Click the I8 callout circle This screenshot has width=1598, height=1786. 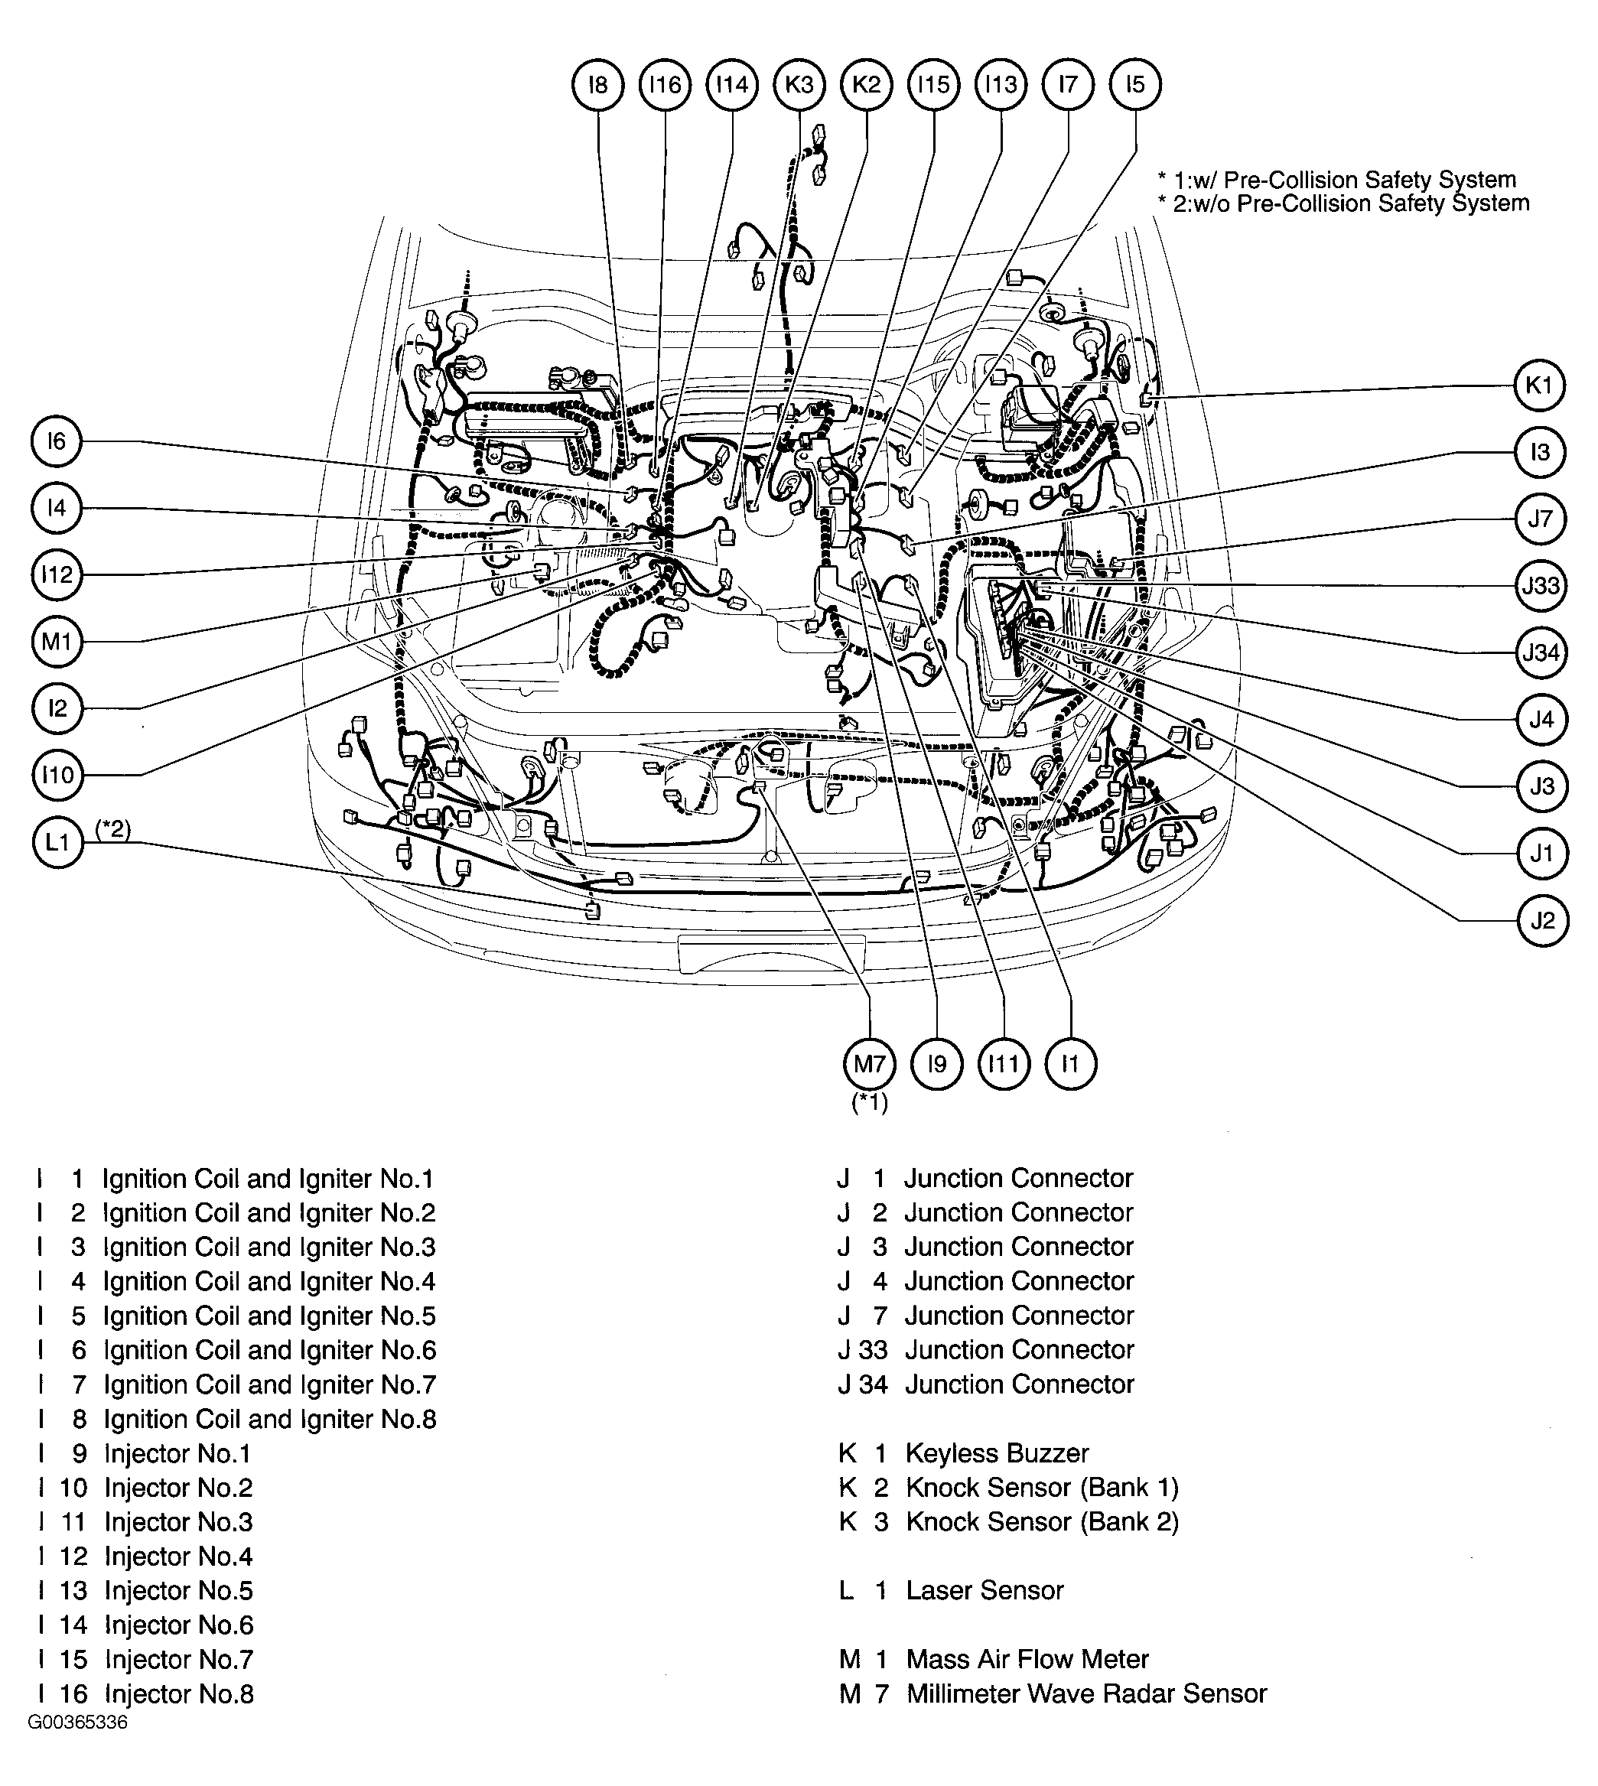coord(598,85)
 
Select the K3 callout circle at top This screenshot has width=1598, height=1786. coord(799,85)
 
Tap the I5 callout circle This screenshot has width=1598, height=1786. coord(1134,85)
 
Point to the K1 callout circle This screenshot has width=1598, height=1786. coord(1539,386)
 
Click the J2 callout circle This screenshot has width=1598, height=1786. coord(1542,920)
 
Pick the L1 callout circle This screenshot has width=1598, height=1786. coord(57,843)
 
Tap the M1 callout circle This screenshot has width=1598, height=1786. coord(57,642)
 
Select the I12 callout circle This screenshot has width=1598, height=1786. coord(57,575)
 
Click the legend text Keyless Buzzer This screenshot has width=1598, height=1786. coord(997,1453)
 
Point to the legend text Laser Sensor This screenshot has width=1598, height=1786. coord(985,1590)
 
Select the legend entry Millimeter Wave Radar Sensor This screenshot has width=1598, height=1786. coord(1086,1693)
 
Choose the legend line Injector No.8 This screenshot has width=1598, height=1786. coord(179,1693)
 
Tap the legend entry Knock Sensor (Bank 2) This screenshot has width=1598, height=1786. coord(1042,1521)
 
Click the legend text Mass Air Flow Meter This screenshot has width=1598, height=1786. coord(1027,1659)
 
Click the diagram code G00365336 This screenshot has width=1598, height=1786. coord(78,1746)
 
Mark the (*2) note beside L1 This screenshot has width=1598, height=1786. coord(113,829)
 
